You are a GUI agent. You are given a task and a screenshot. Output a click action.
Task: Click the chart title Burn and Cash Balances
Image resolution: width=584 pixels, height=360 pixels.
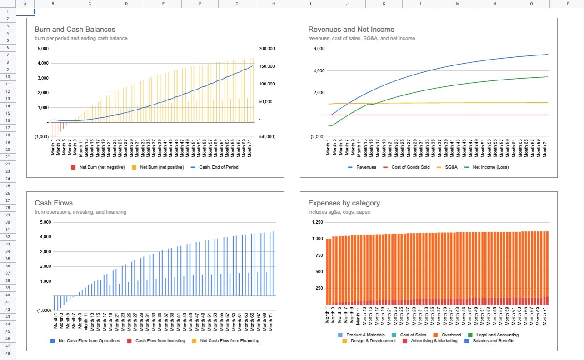tap(75, 30)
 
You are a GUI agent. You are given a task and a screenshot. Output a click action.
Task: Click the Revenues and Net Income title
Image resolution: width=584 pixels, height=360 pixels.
tap(351, 30)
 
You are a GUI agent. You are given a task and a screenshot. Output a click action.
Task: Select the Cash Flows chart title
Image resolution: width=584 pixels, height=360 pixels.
tap(54, 203)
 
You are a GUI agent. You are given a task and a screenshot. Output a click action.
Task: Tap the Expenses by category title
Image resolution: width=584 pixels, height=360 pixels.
tap(344, 203)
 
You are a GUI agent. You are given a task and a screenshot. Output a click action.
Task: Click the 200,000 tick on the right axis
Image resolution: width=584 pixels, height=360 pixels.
tap(267, 49)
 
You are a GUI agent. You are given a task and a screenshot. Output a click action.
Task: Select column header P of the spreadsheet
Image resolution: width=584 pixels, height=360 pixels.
tap(568, 4)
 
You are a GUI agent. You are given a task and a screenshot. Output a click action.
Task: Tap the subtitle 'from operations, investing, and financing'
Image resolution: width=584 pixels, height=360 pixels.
tap(80, 212)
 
